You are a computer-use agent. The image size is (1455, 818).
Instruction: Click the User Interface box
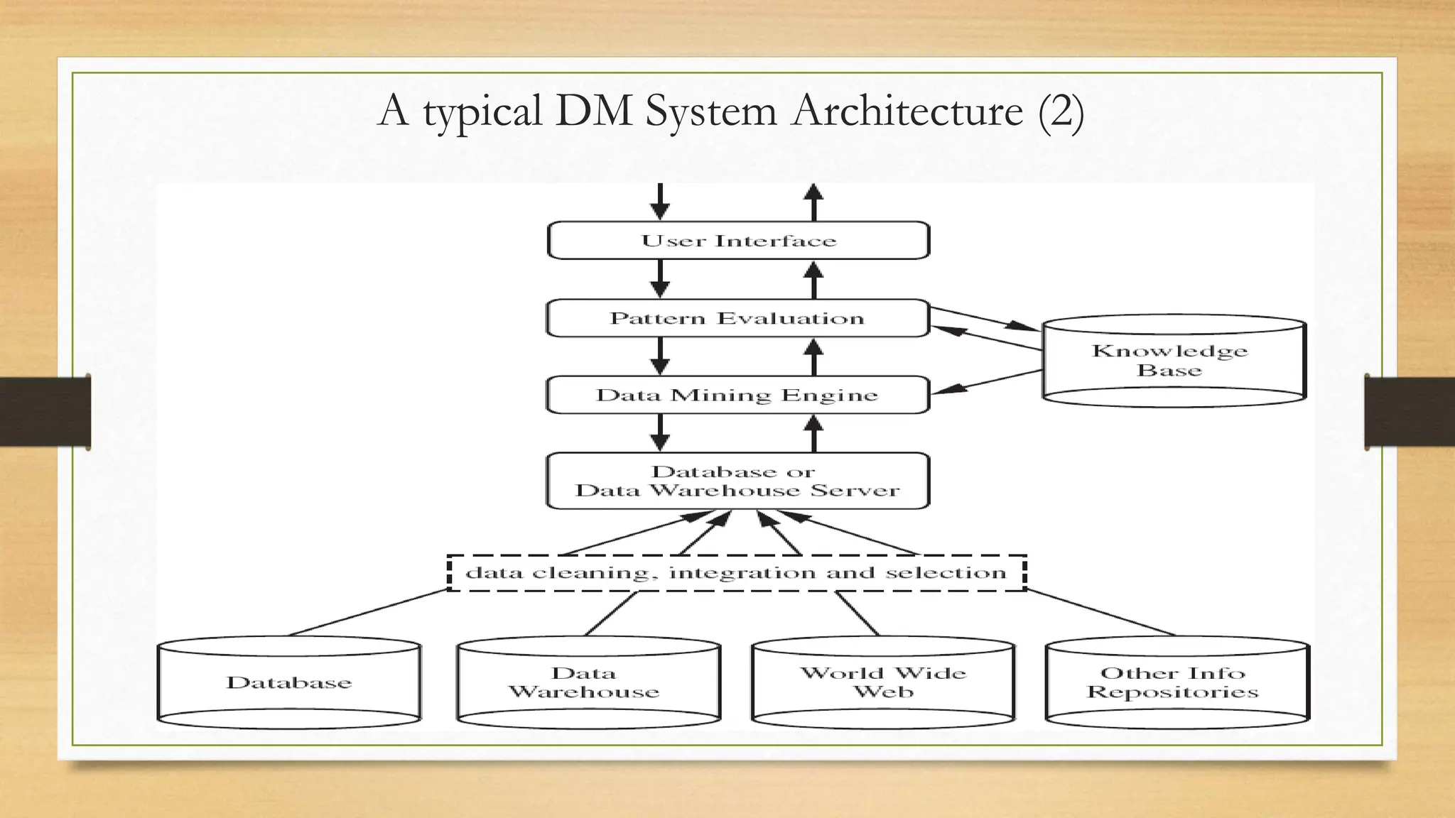point(738,241)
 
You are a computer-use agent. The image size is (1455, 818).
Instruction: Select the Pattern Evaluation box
point(737,318)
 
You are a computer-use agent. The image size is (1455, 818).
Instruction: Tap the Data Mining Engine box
point(737,395)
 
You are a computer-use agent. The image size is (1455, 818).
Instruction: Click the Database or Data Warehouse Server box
point(737,481)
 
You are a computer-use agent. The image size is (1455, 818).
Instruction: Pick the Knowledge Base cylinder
point(1173,361)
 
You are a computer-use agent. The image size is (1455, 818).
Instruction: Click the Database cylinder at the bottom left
point(289,682)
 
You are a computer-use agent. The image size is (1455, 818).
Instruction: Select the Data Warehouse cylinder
point(588,682)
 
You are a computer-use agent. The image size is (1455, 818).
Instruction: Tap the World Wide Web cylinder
point(883,682)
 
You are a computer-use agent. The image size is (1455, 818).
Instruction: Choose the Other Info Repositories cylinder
point(1177,682)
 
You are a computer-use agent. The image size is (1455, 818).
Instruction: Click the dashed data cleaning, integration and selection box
point(737,573)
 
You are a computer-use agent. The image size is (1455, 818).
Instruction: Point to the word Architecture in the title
point(907,111)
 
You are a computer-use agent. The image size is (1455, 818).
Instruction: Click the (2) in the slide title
point(1061,111)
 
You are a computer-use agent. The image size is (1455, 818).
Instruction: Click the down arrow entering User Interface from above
point(660,202)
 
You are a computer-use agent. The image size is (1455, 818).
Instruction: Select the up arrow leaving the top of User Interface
point(814,202)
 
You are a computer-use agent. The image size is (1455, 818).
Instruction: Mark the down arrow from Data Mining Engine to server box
point(660,432)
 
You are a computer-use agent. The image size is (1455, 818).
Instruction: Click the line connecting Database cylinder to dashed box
point(368,612)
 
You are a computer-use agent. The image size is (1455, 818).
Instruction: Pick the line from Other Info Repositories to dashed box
point(1100,612)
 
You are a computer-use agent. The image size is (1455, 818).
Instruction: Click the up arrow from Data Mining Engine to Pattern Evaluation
point(814,356)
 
